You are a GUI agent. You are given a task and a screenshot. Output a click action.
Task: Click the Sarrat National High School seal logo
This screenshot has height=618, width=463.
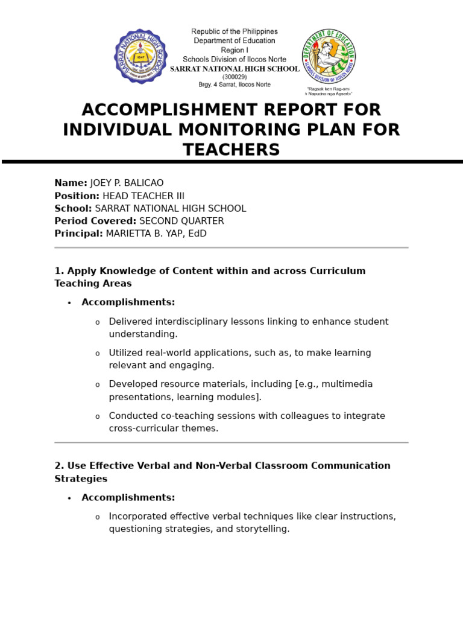[x=141, y=56]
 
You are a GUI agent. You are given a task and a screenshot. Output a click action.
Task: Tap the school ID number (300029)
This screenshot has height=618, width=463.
[x=235, y=77]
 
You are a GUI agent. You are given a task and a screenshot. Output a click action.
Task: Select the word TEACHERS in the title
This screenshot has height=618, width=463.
[x=231, y=150]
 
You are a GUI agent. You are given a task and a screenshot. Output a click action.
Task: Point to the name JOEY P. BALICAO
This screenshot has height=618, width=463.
[x=127, y=183]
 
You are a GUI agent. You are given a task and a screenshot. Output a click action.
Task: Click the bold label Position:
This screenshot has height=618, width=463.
[x=77, y=196]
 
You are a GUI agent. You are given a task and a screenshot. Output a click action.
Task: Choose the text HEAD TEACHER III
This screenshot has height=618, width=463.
[x=143, y=196]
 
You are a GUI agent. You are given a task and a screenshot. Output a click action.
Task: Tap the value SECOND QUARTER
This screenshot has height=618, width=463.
[x=181, y=221]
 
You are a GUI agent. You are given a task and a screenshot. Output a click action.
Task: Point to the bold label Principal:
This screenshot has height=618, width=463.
[x=79, y=234]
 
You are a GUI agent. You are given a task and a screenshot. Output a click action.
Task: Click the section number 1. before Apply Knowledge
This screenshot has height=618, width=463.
[x=59, y=271]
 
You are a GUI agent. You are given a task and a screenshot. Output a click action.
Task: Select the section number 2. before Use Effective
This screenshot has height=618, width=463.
[x=59, y=466]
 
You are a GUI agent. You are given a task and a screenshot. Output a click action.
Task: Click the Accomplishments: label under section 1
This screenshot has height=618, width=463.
[x=128, y=302]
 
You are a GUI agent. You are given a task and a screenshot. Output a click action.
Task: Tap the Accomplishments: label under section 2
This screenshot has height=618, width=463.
[x=128, y=497]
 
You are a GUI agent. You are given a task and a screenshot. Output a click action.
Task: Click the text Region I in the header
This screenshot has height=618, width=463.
[x=235, y=50]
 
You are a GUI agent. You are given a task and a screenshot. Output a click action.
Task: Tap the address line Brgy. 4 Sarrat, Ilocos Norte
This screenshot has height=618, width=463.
[x=235, y=84]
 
